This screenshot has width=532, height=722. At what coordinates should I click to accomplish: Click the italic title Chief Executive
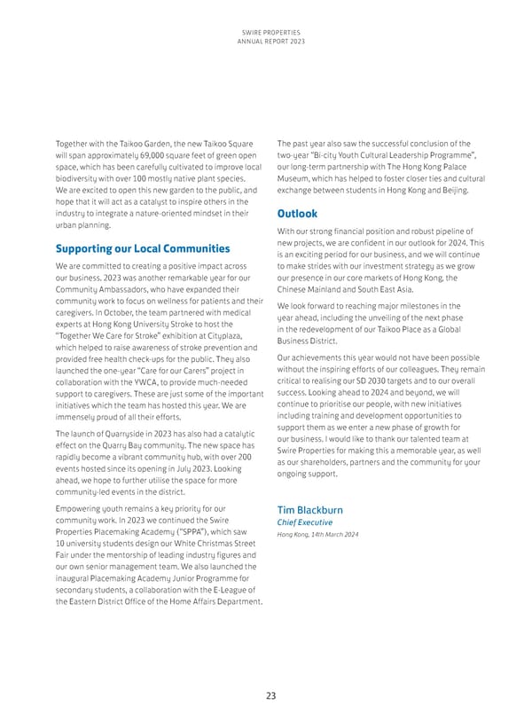pos(306,522)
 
